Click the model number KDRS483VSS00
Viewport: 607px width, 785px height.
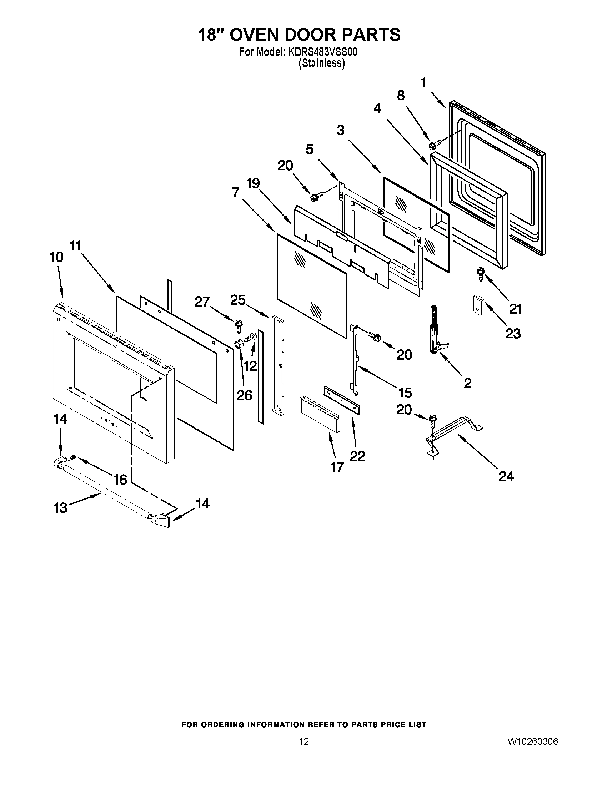point(322,52)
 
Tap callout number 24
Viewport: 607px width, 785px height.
point(506,477)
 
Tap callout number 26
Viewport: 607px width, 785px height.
point(245,395)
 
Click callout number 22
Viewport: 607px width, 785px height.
point(357,456)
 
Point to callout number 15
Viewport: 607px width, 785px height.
point(405,392)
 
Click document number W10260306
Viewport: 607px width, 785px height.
point(533,741)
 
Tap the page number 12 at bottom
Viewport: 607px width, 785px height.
point(304,741)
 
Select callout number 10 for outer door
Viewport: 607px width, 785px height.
point(57,257)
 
